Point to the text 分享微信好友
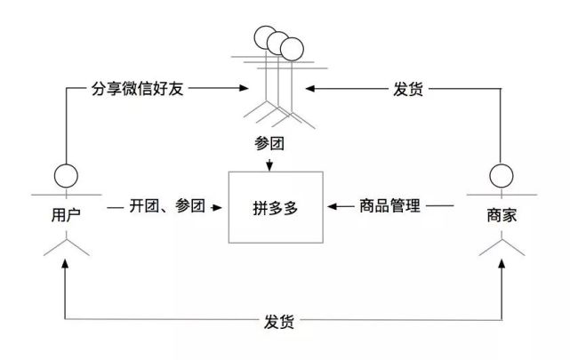click(137, 90)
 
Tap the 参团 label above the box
click(269, 145)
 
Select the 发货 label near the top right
click(408, 90)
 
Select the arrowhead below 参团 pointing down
click(269, 164)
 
